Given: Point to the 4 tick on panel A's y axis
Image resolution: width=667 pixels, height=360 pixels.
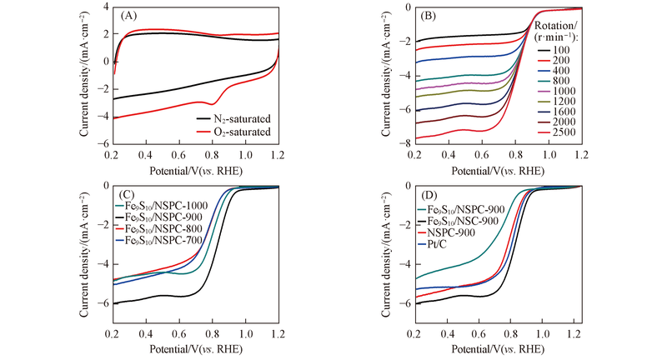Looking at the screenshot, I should [x=103, y=7].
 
